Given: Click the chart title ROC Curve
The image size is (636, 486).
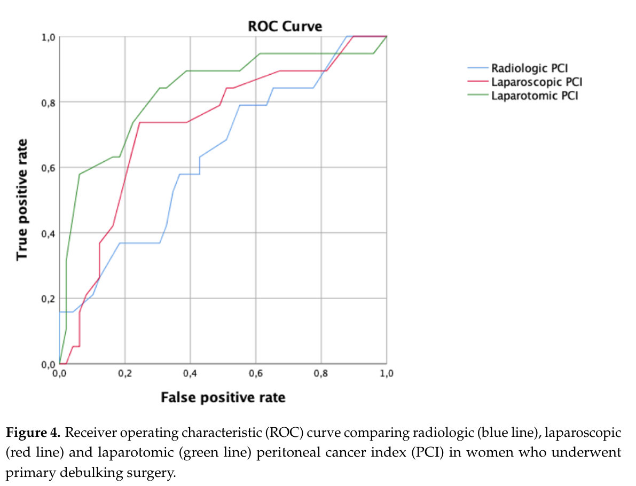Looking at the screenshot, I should (285, 26).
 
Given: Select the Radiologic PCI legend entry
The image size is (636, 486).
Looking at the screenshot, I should (529, 68).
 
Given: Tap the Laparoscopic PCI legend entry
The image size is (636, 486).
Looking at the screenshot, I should (536, 82).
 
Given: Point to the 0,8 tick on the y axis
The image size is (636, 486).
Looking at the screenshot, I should (49, 102).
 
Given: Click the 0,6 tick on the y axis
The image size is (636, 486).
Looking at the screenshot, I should (49, 168).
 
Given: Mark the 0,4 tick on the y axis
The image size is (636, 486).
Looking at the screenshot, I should (49, 233).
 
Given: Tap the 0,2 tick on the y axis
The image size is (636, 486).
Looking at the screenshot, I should (49, 299).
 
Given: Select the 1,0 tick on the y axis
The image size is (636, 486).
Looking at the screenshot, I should (49, 37).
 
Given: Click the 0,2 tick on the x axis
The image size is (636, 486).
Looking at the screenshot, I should (124, 374).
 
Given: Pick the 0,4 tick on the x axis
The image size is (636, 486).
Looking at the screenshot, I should (190, 374).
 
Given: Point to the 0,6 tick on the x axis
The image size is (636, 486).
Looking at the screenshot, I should (256, 374).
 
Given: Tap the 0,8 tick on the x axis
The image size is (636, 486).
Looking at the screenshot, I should (321, 374).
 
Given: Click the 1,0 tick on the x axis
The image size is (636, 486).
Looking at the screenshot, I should (386, 374).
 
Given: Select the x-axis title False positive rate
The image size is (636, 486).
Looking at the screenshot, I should (223, 398).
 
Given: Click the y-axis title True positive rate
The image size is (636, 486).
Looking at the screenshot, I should (22, 200).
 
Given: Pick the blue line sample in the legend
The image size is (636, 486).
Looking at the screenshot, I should (478, 68).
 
